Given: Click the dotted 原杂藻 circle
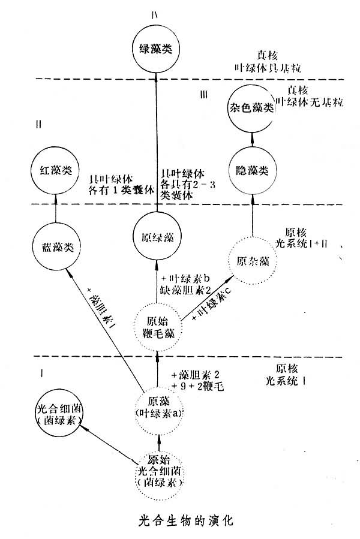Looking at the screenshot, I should point(253,262).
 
